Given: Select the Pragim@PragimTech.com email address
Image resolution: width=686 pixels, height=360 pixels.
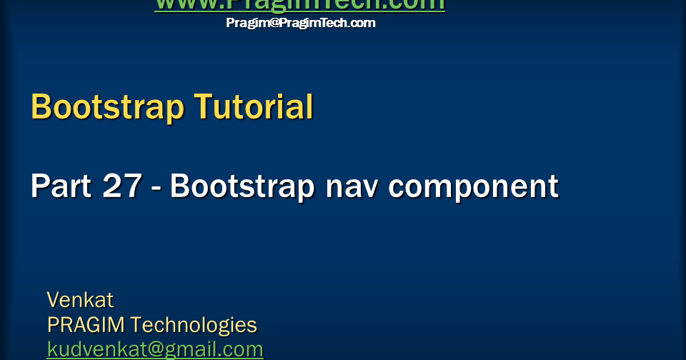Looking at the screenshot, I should pos(300,23).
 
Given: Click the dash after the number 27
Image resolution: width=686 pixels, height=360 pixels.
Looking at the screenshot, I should pos(156,189).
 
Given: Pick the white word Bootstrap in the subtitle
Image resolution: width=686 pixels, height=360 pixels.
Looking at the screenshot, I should pos(242,186).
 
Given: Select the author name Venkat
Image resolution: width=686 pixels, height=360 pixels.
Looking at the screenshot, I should pos(80,299).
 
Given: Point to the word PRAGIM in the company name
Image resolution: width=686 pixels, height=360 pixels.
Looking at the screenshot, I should pos(86,325).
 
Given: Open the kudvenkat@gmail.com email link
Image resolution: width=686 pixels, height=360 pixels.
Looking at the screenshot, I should pos(155,349).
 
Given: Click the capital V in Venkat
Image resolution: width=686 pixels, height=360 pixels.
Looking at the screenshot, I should pos(53,299).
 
